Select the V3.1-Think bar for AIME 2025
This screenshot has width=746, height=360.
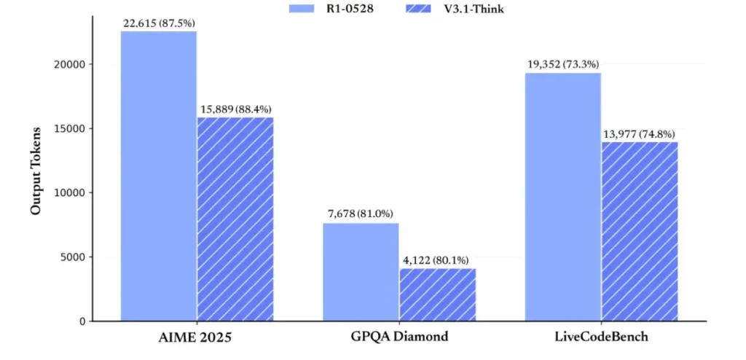pyautogui.click(x=235, y=219)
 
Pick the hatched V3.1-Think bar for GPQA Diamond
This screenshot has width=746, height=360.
pyautogui.click(x=437, y=294)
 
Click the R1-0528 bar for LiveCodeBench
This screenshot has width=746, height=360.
pyautogui.click(x=563, y=197)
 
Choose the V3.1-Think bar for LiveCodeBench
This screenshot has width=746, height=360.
pyautogui.click(x=640, y=231)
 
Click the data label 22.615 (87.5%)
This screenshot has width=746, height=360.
pyautogui.click(x=158, y=23)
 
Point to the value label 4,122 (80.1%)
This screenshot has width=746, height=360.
pyautogui.click(x=437, y=260)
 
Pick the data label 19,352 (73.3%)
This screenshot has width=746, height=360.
pyautogui.click(x=563, y=65)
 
